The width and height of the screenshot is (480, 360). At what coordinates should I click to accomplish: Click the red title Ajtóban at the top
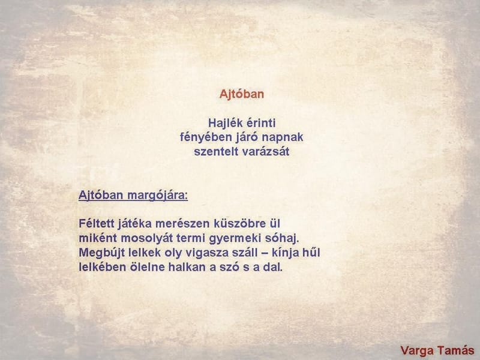click(242, 94)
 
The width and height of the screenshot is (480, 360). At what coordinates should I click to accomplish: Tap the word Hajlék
click(224, 123)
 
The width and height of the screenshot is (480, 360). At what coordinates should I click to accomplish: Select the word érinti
click(260, 123)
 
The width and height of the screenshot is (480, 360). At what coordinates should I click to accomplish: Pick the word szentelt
click(214, 152)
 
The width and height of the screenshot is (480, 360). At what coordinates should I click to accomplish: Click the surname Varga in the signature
click(416, 350)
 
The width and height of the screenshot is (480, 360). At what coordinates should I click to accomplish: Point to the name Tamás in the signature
click(456, 350)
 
